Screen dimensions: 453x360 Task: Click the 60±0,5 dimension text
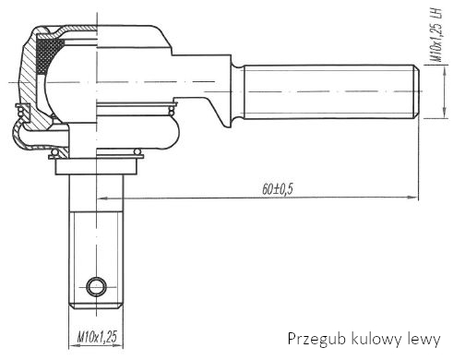click(x=278, y=189)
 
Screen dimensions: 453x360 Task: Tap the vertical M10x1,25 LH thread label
click(x=436, y=34)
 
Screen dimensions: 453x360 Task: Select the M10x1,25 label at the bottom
click(x=97, y=337)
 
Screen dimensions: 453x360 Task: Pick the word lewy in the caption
click(x=423, y=340)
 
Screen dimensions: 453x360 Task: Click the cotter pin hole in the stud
click(x=97, y=287)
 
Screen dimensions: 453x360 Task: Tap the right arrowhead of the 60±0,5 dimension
click(x=412, y=198)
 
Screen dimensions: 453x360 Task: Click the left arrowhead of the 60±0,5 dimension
click(x=102, y=198)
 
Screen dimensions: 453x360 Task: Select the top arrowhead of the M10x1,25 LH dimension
click(x=445, y=70)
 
